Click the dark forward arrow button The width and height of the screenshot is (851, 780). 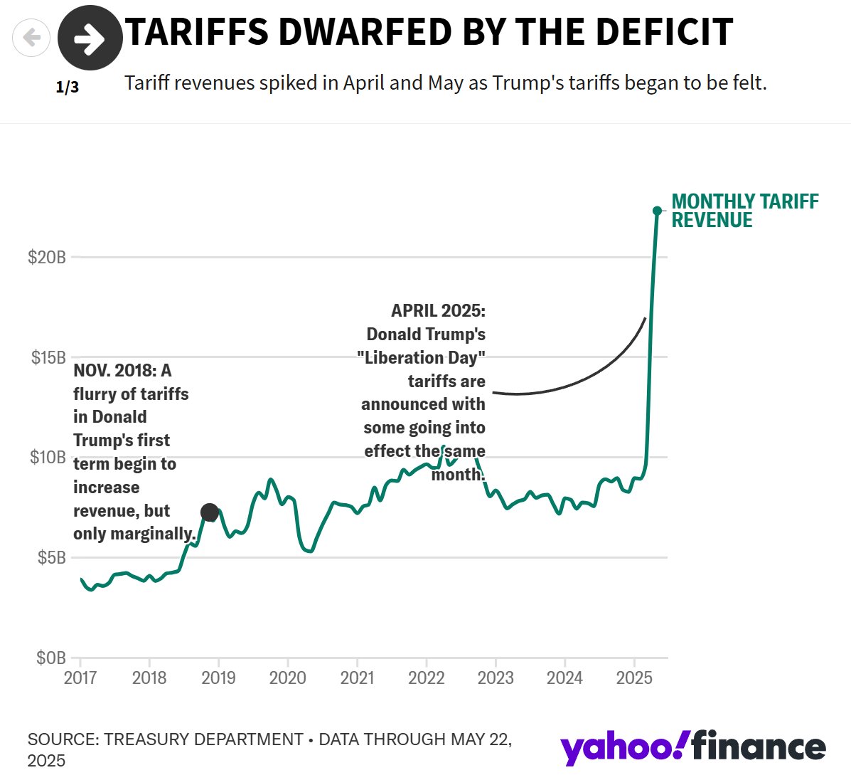(90, 38)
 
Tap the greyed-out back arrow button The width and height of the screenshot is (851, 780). (31, 37)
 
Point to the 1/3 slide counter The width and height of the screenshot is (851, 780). (68, 88)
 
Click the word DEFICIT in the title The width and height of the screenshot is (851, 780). (664, 32)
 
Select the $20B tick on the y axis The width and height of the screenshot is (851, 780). (47, 257)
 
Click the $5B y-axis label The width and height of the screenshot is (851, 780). (51, 557)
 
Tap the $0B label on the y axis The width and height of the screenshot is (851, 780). (51, 658)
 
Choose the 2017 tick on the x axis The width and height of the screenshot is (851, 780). (80, 678)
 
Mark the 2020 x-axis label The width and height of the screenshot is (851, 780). (288, 678)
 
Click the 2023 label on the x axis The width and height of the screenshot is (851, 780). (496, 678)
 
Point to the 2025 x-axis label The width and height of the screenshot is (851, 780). (634, 678)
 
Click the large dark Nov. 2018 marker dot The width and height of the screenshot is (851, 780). (210, 512)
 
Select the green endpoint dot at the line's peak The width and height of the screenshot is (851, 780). (657, 211)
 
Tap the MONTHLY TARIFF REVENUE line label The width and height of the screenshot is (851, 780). (744, 211)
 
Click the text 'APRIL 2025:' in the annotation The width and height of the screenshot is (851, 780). (438, 311)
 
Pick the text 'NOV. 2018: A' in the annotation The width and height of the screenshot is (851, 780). (122, 371)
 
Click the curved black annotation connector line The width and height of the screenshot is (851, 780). (583, 377)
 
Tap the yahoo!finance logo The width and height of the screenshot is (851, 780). (692, 747)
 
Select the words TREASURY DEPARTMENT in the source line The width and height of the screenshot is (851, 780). (204, 739)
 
